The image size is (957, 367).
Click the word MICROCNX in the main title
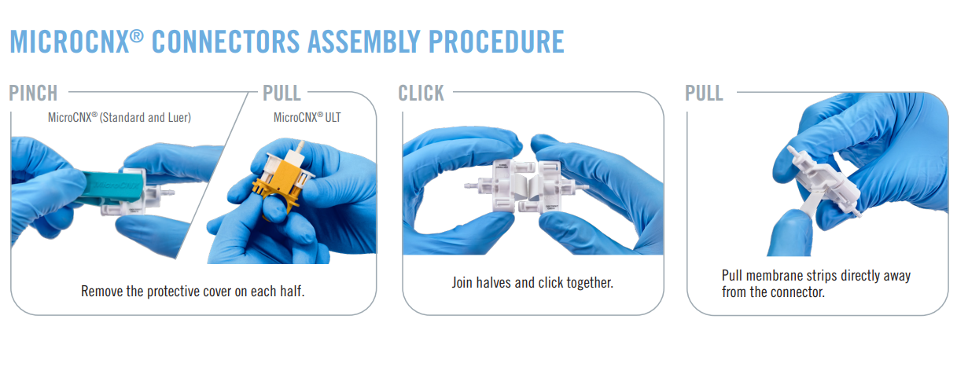(x=70, y=42)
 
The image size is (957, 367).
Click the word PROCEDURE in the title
(x=496, y=42)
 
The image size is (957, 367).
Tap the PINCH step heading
(x=33, y=93)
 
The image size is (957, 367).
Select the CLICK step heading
(x=421, y=93)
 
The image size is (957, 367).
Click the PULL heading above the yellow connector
(x=282, y=93)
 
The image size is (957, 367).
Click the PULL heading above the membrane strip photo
(x=705, y=93)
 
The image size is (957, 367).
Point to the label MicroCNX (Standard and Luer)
(x=120, y=117)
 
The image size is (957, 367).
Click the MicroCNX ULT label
(x=307, y=117)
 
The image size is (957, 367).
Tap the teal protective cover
(x=112, y=186)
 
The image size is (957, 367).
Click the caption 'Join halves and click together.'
(x=532, y=282)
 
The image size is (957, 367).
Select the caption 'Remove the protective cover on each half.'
(x=193, y=291)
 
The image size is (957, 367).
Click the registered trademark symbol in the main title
(x=136, y=36)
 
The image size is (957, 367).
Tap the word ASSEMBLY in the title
(x=364, y=42)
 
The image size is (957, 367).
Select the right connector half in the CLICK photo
(x=555, y=186)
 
